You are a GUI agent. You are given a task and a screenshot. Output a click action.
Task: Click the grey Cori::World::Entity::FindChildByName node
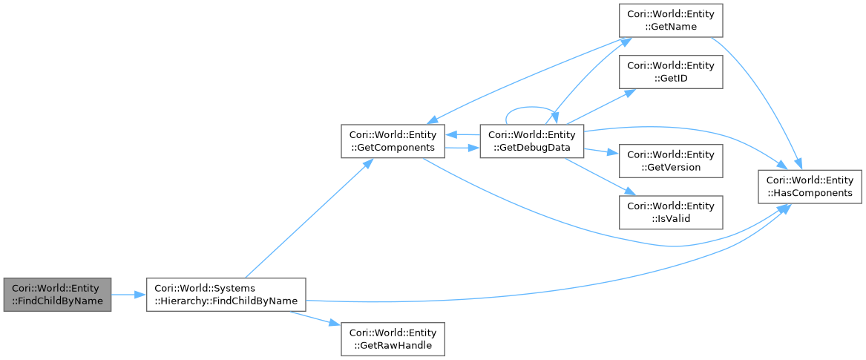click(57, 295)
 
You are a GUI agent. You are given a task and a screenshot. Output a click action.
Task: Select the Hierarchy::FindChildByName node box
click(226, 295)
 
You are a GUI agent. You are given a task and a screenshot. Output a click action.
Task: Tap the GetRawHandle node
click(393, 338)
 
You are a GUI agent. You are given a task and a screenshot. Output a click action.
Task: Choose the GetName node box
click(671, 21)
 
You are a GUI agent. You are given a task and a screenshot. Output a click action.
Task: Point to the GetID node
click(671, 72)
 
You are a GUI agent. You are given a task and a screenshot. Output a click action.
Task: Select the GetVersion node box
click(671, 161)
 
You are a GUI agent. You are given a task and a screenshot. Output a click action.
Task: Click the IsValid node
click(671, 212)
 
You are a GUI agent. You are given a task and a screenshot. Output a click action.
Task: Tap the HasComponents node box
click(809, 186)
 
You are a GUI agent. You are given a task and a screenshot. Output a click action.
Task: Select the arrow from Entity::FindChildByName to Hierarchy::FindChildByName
click(129, 295)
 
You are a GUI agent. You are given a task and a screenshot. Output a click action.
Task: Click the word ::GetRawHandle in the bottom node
click(393, 345)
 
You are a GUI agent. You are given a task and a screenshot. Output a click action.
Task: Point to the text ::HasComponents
click(809, 193)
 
